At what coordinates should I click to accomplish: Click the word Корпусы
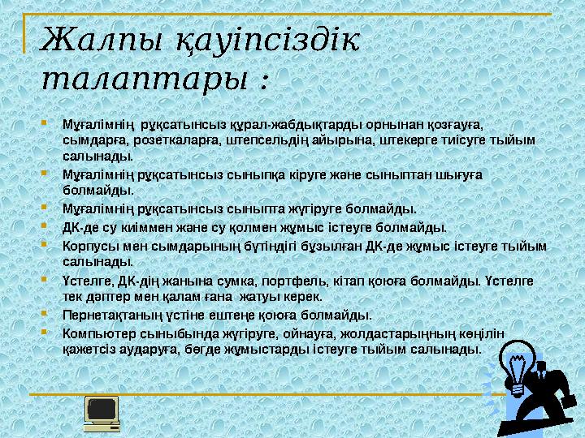88,245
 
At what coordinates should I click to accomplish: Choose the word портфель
258,281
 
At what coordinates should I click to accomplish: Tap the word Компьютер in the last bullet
94,333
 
